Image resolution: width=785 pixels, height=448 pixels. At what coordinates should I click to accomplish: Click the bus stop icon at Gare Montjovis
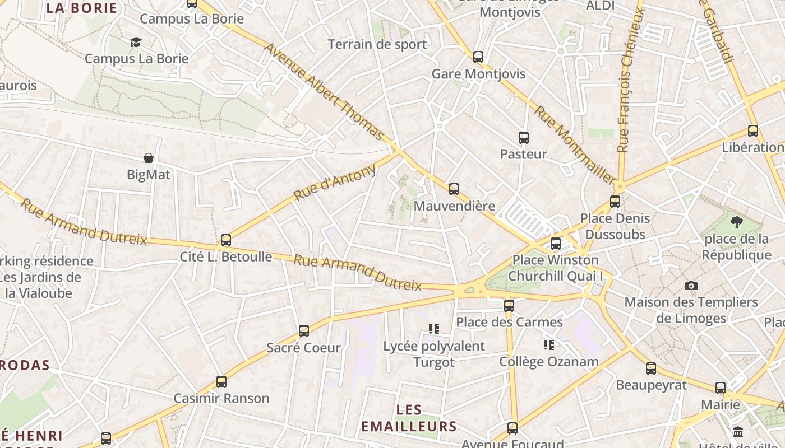pyautogui.click(x=478, y=57)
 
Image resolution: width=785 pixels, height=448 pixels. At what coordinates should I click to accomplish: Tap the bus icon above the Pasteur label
pyautogui.click(x=523, y=137)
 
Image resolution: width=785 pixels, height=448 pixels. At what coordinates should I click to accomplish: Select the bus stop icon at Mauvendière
pyautogui.click(x=454, y=189)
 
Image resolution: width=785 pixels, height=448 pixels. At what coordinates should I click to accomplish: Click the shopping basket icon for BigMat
pyautogui.click(x=149, y=158)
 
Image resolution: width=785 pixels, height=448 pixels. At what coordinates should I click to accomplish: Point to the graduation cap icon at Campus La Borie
pyautogui.click(x=136, y=42)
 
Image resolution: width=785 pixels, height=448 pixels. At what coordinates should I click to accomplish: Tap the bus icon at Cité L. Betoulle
pyautogui.click(x=225, y=240)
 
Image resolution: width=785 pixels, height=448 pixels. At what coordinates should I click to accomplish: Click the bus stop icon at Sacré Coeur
pyautogui.click(x=303, y=331)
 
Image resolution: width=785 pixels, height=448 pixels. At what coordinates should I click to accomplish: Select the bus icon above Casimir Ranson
pyautogui.click(x=221, y=382)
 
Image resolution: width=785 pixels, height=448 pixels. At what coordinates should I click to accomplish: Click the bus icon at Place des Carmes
pyautogui.click(x=509, y=305)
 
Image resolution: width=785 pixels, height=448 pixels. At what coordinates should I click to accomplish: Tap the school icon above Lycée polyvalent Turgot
pyautogui.click(x=433, y=329)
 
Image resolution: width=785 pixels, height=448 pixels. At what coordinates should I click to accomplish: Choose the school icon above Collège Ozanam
pyautogui.click(x=548, y=345)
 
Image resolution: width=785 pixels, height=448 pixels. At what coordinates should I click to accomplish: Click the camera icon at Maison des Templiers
pyautogui.click(x=691, y=286)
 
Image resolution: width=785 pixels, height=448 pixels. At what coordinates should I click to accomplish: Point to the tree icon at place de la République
pyautogui.click(x=736, y=222)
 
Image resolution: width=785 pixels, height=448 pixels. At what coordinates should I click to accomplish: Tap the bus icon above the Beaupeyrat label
pyautogui.click(x=650, y=368)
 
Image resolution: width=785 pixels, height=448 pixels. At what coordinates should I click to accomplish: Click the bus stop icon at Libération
pyautogui.click(x=752, y=131)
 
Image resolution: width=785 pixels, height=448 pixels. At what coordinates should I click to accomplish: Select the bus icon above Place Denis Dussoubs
pyautogui.click(x=615, y=202)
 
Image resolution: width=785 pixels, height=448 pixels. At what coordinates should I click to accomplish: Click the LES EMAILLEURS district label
pyautogui.click(x=409, y=418)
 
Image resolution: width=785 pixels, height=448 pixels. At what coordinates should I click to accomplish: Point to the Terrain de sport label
pyautogui.click(x=377, y=44)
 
